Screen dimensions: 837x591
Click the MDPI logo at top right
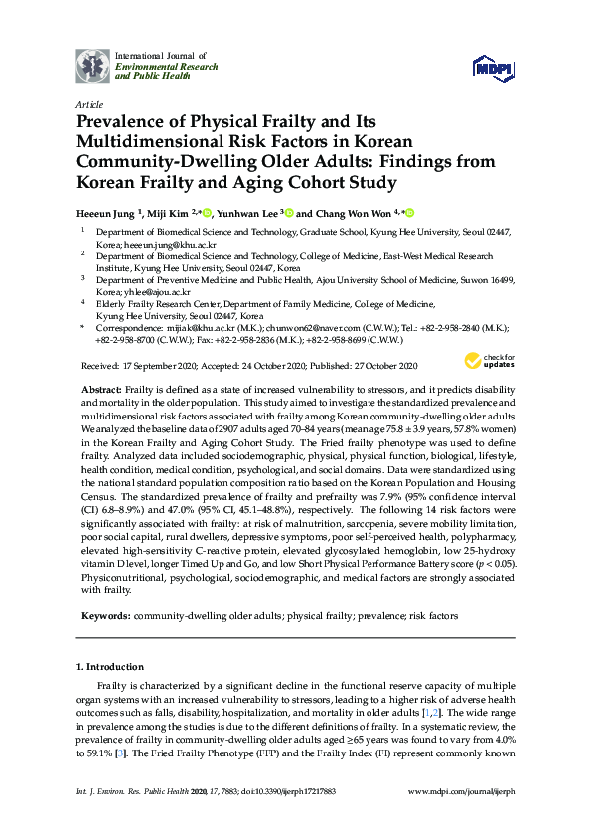[x=493, y=67]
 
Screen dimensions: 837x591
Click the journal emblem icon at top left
[x=93, y=65]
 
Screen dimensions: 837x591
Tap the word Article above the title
[x=89, y=103]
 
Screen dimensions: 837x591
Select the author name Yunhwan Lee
[x=248, y=213]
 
